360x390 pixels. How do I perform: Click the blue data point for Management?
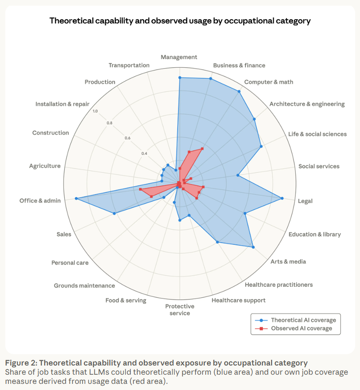coord(179,77)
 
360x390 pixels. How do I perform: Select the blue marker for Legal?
coord(282,198)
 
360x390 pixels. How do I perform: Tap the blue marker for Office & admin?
coord(76,198)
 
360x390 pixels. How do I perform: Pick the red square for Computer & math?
coord(202,149)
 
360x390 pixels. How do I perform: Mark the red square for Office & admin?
coord(140,189)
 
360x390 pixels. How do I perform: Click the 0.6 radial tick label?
coord(127,138)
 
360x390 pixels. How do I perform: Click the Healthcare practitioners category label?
coord(279,285)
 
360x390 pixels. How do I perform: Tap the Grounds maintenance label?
coord(84,286)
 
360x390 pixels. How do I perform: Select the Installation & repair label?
coord(62,104)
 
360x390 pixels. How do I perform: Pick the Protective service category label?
coord(179,310)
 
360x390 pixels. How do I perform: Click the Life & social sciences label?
coord(317,134)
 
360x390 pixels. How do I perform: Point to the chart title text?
coord(180,21)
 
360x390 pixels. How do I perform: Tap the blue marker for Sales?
coord(115,213)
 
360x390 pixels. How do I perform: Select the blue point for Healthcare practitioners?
coord(217,242)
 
